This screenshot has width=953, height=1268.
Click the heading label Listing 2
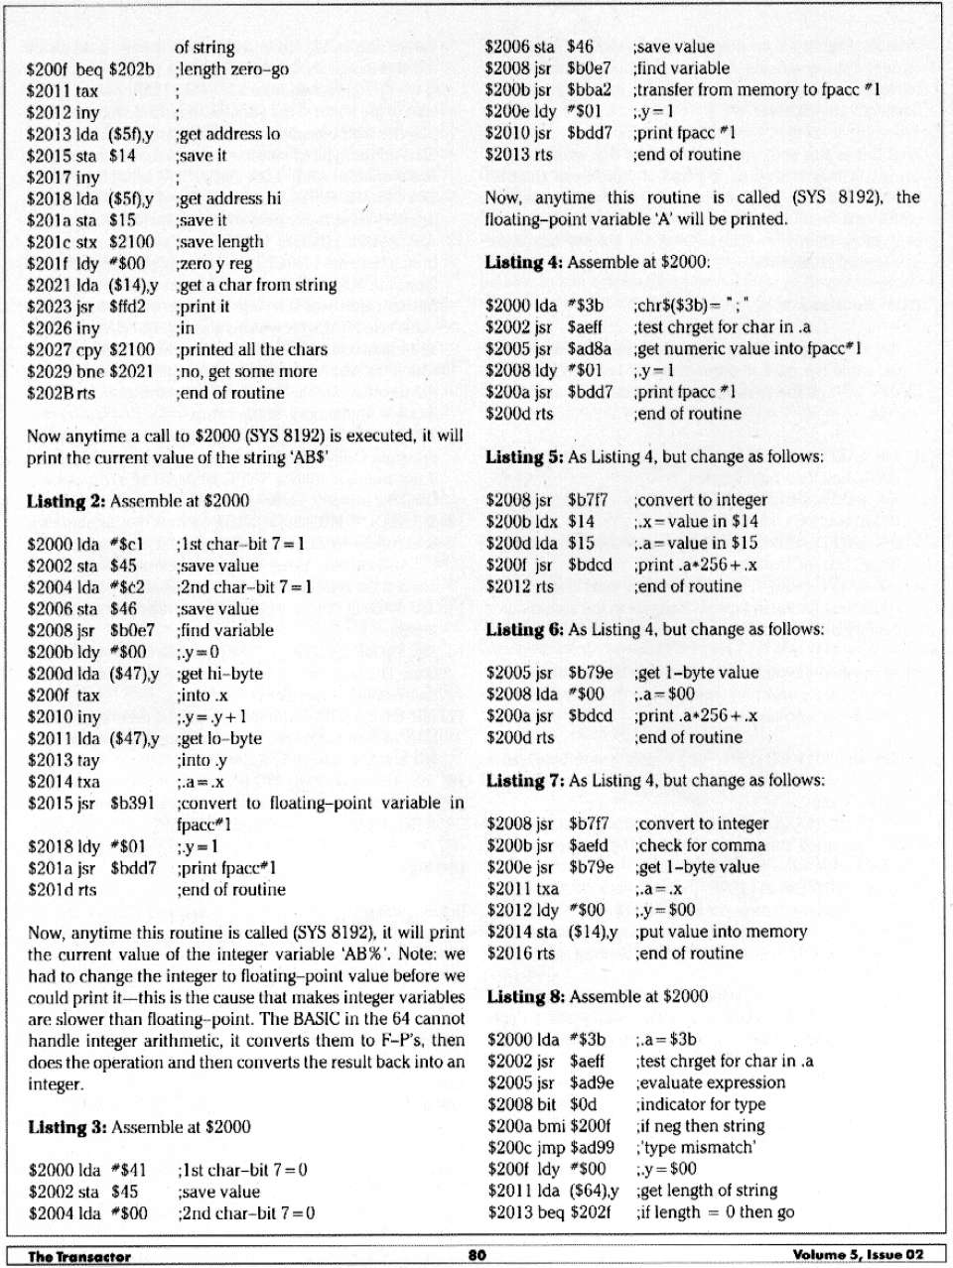(66, 501)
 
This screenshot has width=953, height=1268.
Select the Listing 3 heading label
(67, 1127)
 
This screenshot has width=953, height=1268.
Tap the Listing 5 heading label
(524, 457)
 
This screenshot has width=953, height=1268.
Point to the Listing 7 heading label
(525, 781)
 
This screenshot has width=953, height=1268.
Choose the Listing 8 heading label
(525, 997)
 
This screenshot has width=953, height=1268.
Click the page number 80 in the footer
(477, 1255)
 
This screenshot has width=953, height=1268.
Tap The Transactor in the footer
(79, 1256)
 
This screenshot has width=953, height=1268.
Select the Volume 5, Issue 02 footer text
(858, 1255)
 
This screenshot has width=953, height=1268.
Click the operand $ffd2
(127, 307)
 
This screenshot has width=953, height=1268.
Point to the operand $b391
(132, 803)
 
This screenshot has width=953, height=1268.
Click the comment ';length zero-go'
(232, 69)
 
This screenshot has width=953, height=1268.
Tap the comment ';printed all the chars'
(252, 349)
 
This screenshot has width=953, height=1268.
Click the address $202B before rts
(48, 393)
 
